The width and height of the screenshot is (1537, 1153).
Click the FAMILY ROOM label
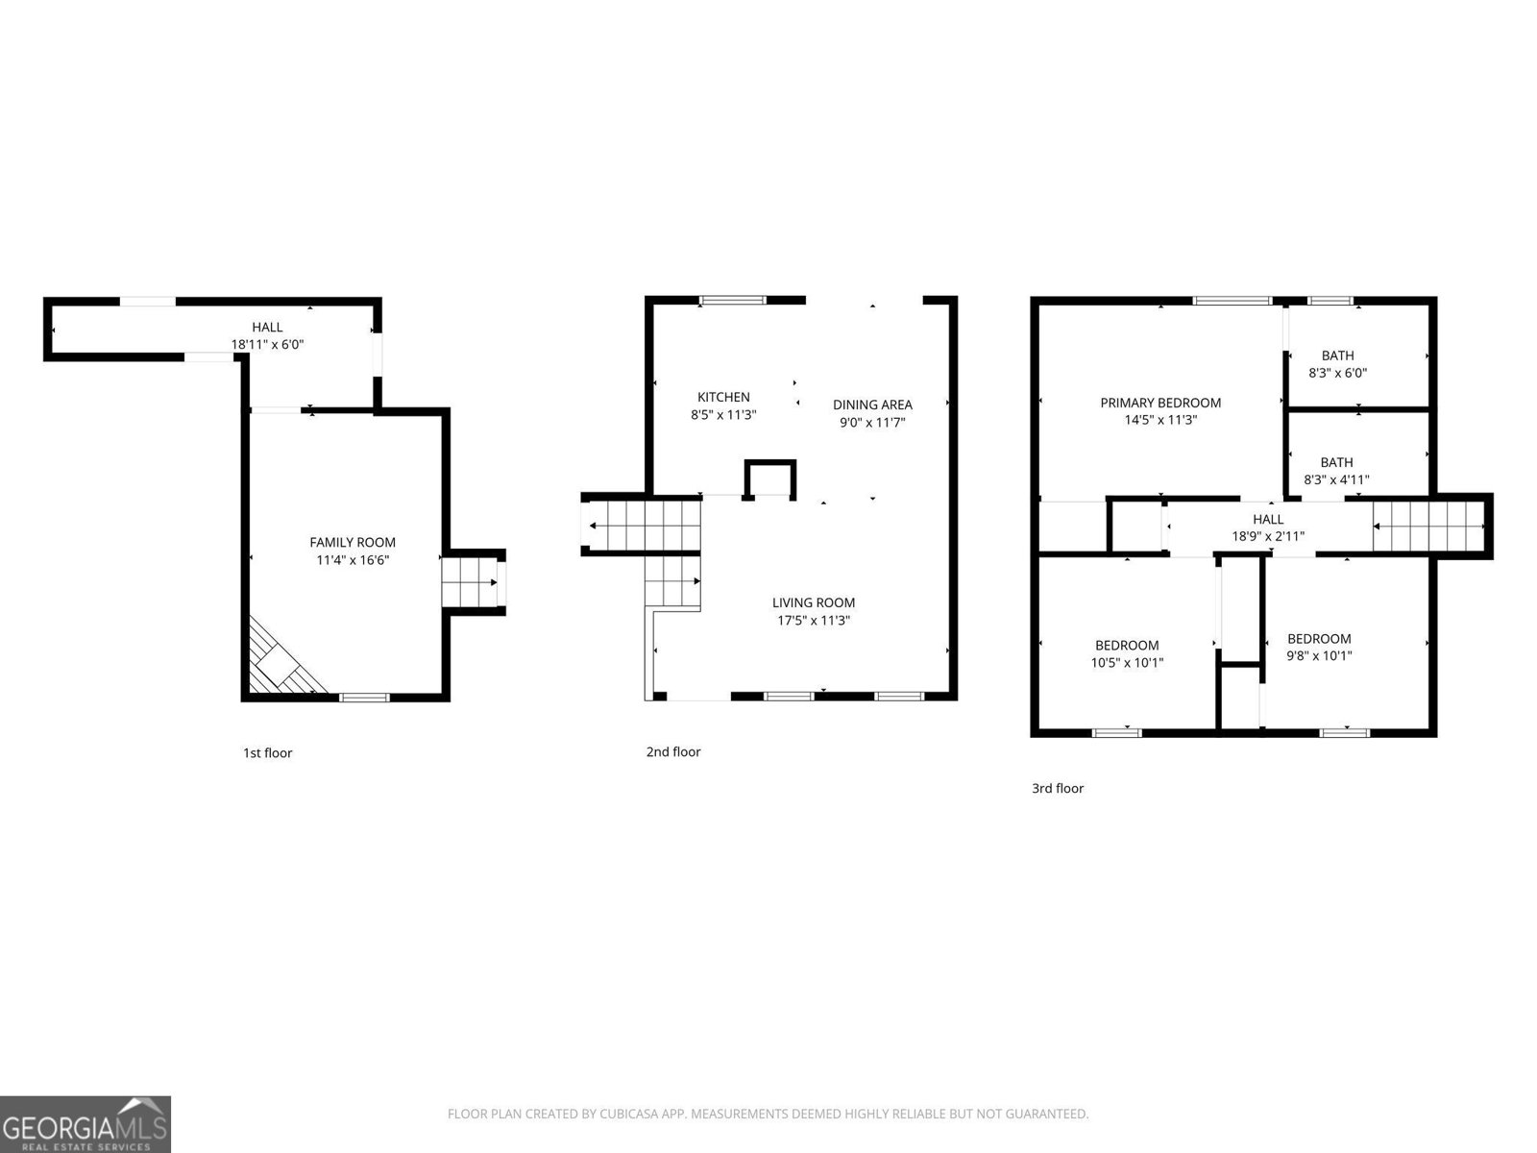(x=353, y=542)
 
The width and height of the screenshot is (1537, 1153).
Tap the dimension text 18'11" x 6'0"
(x=267, y=344)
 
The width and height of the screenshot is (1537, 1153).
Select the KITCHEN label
(x=723, y=397)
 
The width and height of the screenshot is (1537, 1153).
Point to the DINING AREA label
(x=872, y=405)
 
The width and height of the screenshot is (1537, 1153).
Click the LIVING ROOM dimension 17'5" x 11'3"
(x=814, y=621)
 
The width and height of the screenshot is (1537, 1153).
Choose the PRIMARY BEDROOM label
(x=1160, y=403)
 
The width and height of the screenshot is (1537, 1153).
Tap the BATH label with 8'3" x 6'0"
(x=1337, y=356)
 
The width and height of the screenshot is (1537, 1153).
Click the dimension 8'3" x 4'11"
(x=1336, y=479)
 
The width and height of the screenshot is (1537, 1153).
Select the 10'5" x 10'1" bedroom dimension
(x=1127, y=662)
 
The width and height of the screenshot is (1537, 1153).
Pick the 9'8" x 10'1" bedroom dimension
(x=1319, y=656)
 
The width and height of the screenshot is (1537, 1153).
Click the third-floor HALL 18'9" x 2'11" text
(x=1268, y=536)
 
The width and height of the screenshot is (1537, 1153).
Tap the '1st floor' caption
(x=267, y=753)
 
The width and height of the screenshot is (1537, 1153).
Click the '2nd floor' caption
(x=673, y=752)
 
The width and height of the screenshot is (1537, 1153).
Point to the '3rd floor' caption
(x=1058, y=789)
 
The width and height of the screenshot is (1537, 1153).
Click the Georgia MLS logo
(x=85, y=1123)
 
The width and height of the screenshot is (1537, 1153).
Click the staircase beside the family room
(x=472, y=582)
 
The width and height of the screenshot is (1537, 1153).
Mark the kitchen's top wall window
(x=734, y=301)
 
